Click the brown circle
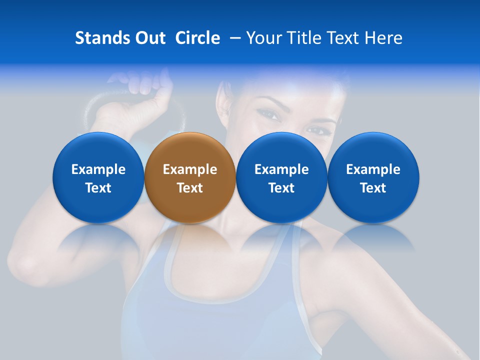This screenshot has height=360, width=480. (189, 178)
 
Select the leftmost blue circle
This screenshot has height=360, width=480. (98, 178)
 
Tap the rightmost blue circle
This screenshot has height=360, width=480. (373, 178)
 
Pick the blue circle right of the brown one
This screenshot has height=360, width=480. (281, 178)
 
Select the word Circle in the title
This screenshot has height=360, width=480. (197, 38)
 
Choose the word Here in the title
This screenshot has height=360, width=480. (383, 38)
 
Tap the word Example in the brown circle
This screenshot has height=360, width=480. (189, 169)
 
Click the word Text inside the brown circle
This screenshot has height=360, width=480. (189, 188)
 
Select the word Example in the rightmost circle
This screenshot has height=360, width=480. (373, 169)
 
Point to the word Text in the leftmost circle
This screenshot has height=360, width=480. (98, 188)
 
